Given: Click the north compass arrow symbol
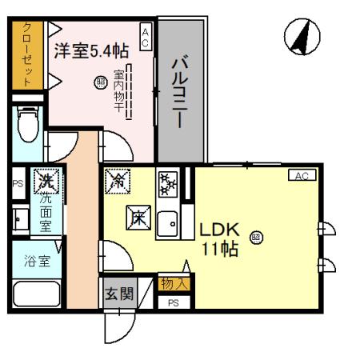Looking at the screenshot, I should point(303,35).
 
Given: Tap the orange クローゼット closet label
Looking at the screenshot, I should point(27,54).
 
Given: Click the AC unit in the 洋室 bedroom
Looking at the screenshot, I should point(146,37).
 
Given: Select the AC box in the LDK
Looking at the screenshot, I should point(302,175).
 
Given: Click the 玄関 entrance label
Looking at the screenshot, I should point(114,294).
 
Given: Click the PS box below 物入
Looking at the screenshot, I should point(172,303).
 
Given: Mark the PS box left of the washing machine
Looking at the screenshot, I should point(17,182).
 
